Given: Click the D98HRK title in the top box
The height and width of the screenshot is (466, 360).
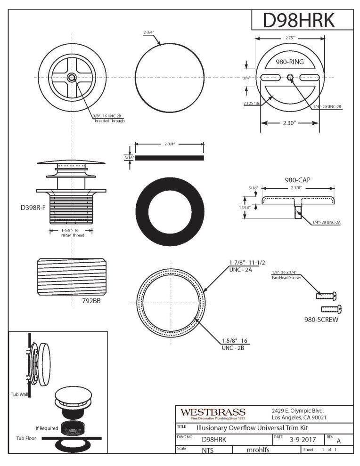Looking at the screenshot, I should point(299,20).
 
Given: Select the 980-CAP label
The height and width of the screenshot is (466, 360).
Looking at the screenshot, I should point(297,179).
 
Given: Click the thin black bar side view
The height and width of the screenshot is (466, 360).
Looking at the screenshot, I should point(170,158).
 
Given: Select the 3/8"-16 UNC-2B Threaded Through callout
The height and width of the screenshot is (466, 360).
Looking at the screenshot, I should point(108,118).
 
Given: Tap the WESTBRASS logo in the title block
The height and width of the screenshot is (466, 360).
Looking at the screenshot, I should point(213,413).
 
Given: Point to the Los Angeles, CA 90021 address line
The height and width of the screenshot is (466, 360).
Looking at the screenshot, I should point(299,418).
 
